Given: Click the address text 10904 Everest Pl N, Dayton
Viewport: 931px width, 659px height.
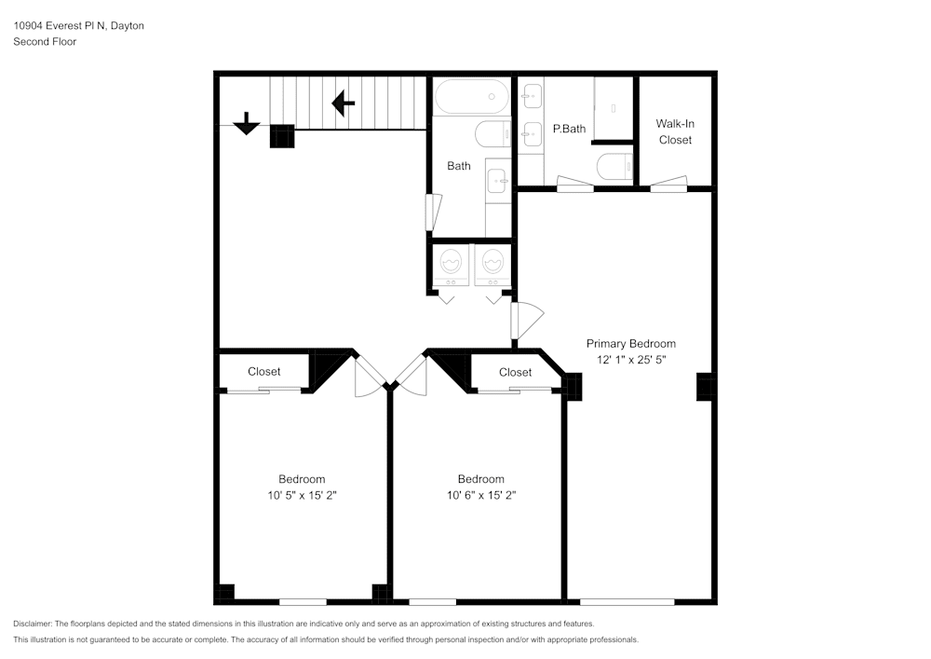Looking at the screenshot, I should [78, 26].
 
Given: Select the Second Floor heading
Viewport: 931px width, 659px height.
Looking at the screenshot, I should [45, 42].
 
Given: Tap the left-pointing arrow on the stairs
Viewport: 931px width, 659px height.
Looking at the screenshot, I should [343, 103].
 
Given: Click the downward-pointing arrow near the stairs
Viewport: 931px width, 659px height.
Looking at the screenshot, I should [246, 123].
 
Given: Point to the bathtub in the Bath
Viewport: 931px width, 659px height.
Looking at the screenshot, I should [471, 96].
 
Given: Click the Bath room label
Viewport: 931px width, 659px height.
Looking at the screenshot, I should [459, 166].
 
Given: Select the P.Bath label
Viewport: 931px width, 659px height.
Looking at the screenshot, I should [569, 129].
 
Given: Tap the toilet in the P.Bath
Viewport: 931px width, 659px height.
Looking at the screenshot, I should [614, 167].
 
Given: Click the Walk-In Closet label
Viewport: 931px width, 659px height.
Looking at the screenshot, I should [675, 131].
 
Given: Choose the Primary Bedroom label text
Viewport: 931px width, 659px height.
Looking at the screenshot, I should [630, 343].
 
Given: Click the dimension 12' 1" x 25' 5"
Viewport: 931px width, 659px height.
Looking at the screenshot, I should [630, 359].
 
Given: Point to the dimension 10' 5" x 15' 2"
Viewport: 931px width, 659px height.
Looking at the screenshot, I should [302, 495].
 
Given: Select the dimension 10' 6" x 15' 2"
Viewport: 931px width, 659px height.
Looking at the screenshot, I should [480, 495].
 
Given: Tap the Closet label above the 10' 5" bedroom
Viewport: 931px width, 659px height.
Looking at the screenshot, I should [263, 372].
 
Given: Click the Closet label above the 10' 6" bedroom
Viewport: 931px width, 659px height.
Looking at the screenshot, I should [515, 372].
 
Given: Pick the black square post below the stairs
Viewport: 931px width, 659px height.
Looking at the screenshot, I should [282, 136].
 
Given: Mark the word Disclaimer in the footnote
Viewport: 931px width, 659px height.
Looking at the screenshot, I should [33, 624].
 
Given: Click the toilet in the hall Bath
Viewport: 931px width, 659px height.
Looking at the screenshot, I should [492, 134].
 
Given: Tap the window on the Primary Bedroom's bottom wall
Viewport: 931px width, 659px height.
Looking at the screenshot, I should [627, 601].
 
